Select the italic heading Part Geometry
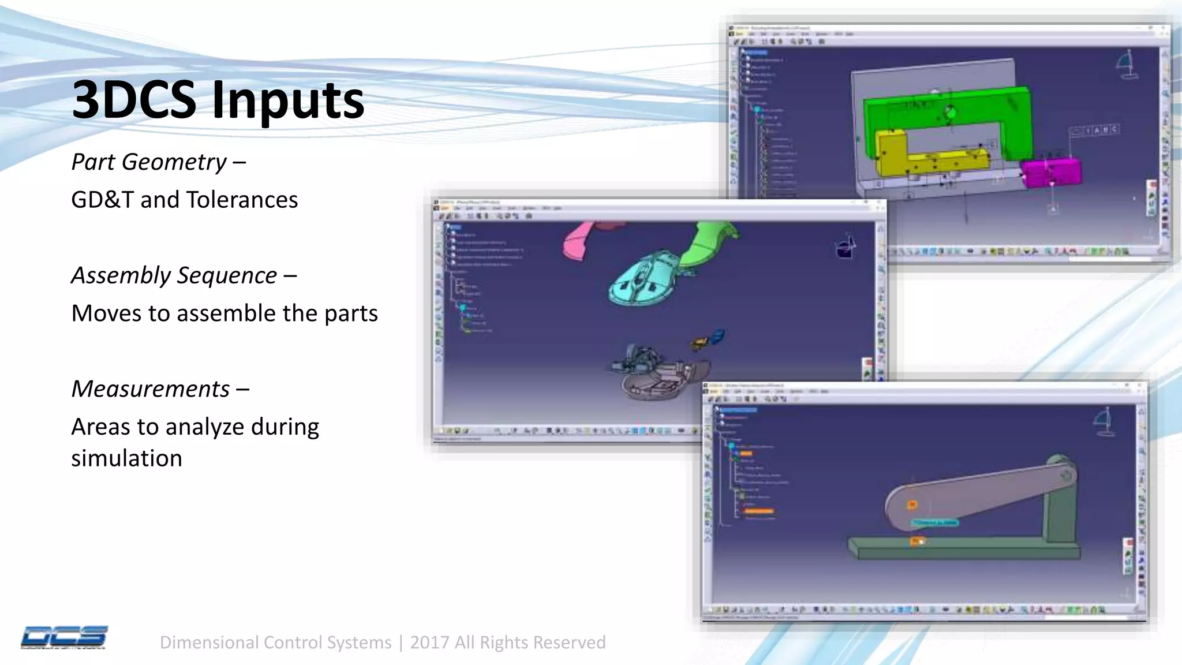click(149, 162)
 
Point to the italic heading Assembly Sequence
click(174, 275)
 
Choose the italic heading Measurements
click(151, 389)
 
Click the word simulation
click(126, 458)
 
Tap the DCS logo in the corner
click(64, 637)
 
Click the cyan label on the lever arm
click(934, 522)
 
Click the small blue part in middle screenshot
click(718, 335)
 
